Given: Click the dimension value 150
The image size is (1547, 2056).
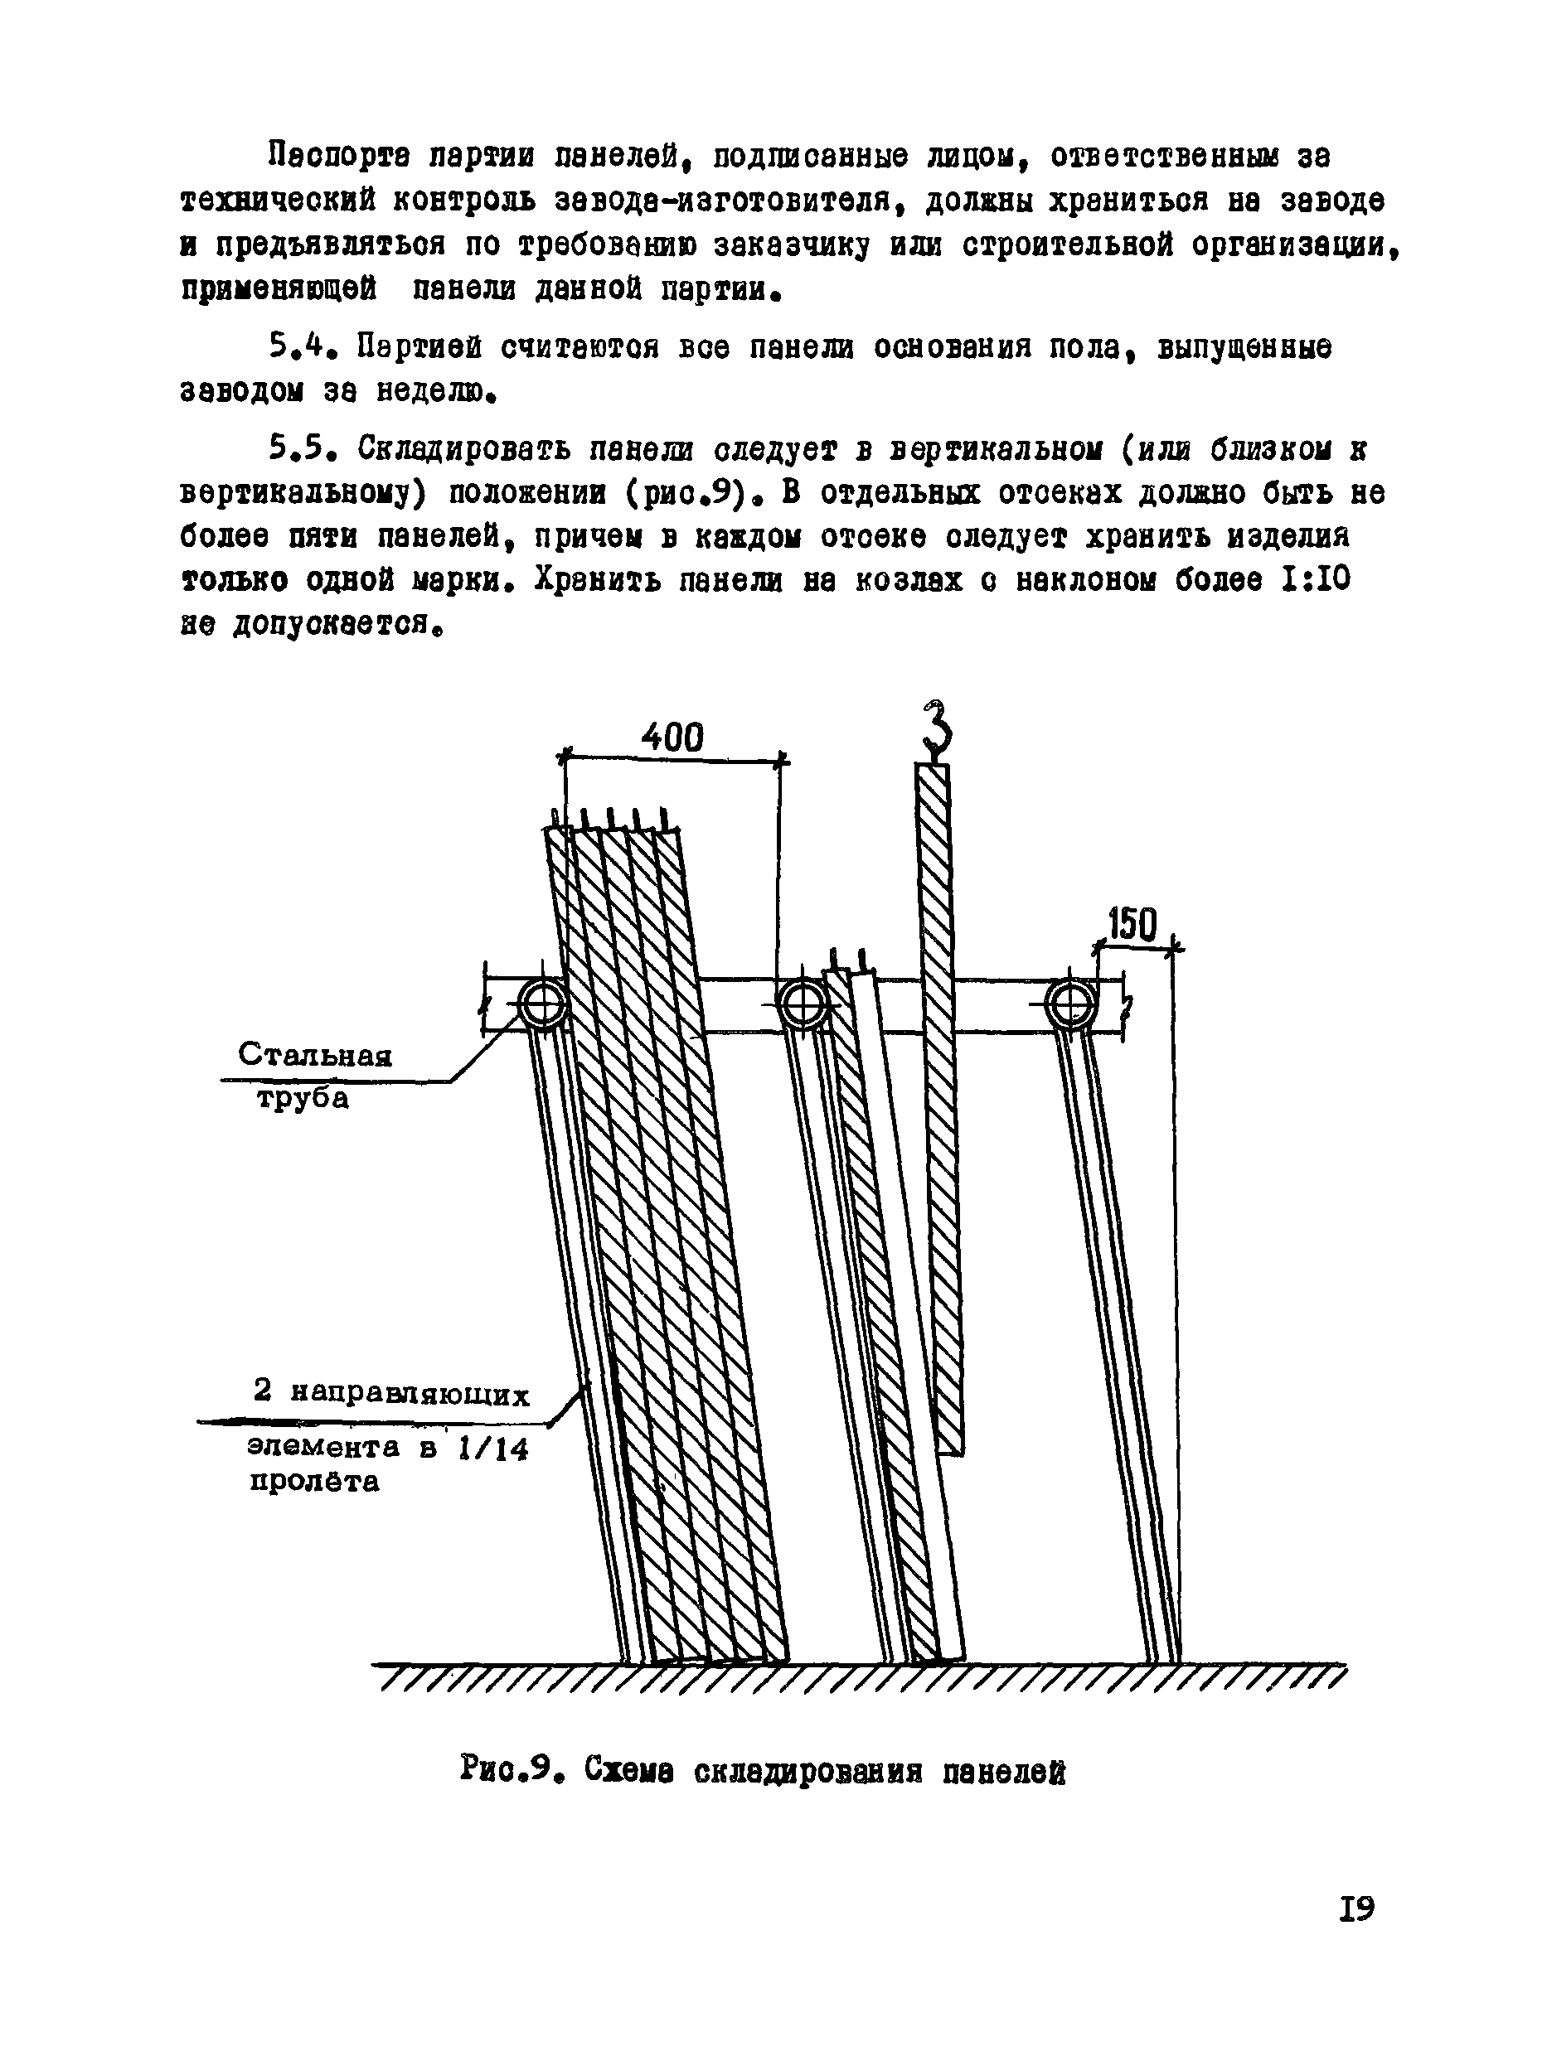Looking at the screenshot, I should coord(1132,925).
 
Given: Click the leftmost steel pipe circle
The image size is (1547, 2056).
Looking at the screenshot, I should coord(543,1004).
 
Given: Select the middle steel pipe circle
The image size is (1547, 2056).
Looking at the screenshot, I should coord(802,1004).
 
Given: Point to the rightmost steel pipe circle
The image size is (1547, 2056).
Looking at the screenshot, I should coord(1070,1004).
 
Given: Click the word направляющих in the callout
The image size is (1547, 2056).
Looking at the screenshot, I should coord(410,1393).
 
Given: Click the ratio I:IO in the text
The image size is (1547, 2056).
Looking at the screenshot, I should coord(1314,580).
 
